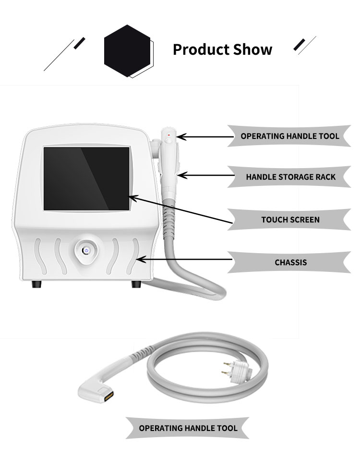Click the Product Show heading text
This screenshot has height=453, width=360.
(222, 49)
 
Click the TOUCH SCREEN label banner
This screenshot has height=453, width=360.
(290, 220)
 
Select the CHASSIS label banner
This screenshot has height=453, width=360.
(290, 262)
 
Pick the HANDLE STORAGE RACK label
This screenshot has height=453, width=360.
(290, 177)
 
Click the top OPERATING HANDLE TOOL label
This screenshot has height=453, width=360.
(289, 136)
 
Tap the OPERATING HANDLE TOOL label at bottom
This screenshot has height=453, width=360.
(188, 428)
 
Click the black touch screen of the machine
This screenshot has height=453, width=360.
(86, 178)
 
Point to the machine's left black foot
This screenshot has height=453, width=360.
(36, 284)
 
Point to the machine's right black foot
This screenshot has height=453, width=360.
(136, 284)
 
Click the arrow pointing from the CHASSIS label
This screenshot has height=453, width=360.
(185, 260)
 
